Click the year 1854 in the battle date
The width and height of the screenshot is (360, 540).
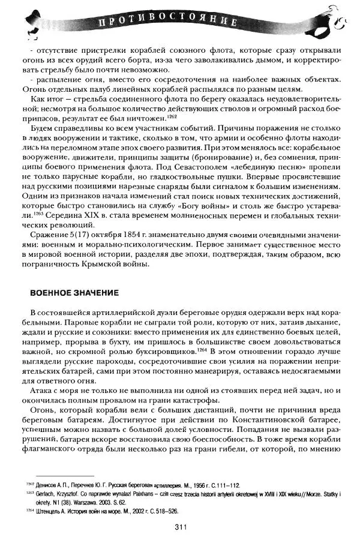(122, 229)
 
